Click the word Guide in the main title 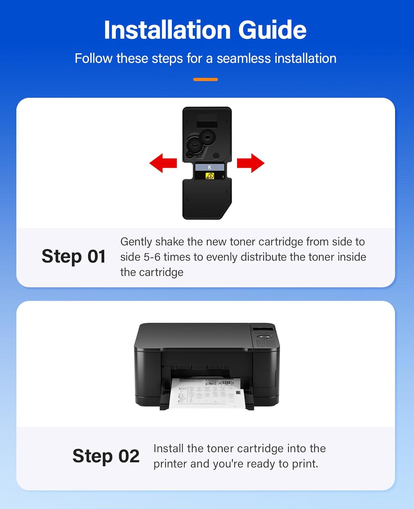[272, 30]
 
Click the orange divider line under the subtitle [205, 79]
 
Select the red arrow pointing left [163, 163]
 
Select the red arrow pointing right [251, 163]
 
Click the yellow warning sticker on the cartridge [210, 176]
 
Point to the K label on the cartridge [210, 167]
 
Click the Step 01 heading [73, 256]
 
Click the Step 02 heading [106, 456]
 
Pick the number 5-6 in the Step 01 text [152, 257]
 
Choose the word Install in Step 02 [168, 449]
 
